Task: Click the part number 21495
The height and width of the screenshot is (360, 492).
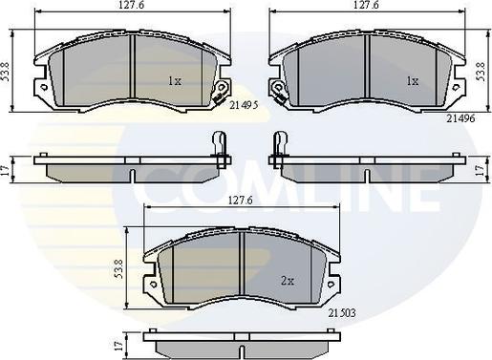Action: pyautogui.click(x=244, y=106)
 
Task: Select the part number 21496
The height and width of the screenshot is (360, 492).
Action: pyautogui.click(x=460, y=118)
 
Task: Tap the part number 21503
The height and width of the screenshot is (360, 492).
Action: pyautogui.click(x=342, y=313)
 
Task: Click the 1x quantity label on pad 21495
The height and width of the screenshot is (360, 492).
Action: pyautogui.click(x=175, y=81)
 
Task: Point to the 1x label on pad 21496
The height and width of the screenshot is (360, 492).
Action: pyautogui.click(x=413, y=82)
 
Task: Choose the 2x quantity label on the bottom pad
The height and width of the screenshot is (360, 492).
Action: pyautogui.click(x=288, y=281)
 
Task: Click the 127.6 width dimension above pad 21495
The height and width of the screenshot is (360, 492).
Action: pyautogui.click(x=131, y=5)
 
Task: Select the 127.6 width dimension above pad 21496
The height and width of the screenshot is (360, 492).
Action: pyautogui.click(x=366, y=5)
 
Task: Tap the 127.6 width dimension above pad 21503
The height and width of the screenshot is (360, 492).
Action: pyautogui.click(x=241, y=201)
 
